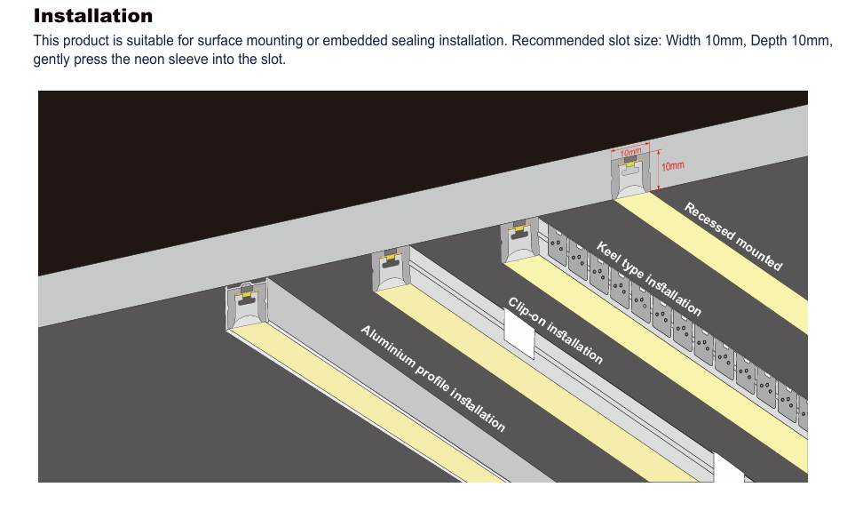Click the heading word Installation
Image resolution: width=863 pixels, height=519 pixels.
pyautogui.click(x=93, y=16)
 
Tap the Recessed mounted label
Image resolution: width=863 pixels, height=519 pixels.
pyautogui.click(x=733, y=236)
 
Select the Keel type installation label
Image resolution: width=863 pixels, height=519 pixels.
pyautogui.click(x=649, y=279)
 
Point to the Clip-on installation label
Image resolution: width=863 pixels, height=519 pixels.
pyautogui.click(x=556, y=331)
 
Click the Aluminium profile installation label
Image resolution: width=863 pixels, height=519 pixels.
pyautogui.click(x=433, y=379)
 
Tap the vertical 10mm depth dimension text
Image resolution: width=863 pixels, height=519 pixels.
pyautogui.click(x=673, y=166)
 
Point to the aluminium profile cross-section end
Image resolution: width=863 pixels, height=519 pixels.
pyautogui.click(x=246, y=307)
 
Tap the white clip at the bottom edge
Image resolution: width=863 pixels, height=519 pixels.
pyautogui.click(x=730, y=470)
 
